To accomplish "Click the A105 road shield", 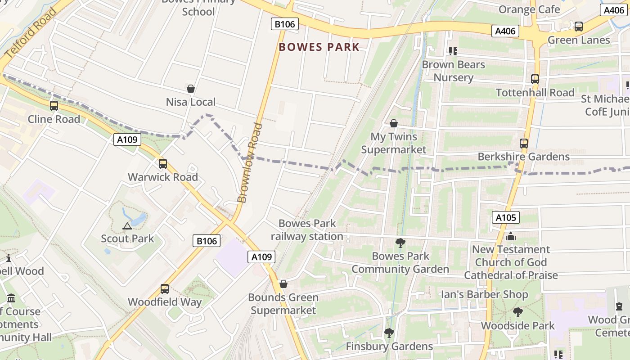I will pos(506,218).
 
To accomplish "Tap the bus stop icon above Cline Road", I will pos(54,106).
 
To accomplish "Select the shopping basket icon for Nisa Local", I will pos(191,89).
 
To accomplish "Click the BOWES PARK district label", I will pos(319,47).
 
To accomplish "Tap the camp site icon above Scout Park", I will pos(127,225).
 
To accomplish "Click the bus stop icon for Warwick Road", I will pos(163,164).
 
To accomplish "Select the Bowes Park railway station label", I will pos(307,229).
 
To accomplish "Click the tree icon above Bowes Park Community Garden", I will pos(400,243).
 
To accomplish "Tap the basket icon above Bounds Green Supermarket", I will pos(283,284).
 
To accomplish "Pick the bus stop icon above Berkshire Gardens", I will pos(524,144).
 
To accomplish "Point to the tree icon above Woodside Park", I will pos(518,312).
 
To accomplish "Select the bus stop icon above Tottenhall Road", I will pos(535,79).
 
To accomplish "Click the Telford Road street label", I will pos(31,32).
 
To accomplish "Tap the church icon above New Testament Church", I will pos(510,236).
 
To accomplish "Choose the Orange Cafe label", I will pos(529,9).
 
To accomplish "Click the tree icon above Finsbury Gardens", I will pos(389,333).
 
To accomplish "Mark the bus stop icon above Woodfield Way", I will pos(165,289).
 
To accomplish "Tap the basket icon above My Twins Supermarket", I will pos(394,123).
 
